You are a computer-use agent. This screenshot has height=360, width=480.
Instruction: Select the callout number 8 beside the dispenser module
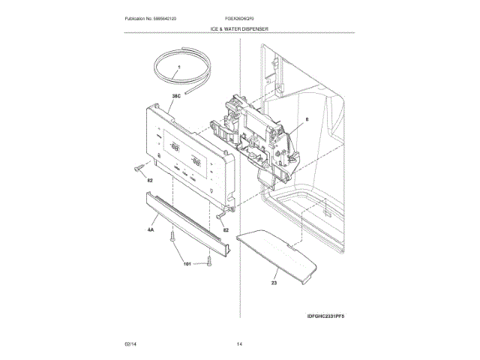click(307, 118)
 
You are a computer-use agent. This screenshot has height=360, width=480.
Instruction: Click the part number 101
click(187, 263)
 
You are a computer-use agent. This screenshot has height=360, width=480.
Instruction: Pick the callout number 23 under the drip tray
click(274, 283)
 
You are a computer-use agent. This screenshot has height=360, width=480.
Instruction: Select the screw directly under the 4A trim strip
click(173, 238)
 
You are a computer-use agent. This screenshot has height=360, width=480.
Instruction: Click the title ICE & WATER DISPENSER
click(239, 29)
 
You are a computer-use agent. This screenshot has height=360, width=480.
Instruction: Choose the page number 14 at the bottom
click(239, 343)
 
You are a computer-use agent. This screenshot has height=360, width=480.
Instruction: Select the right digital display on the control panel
click(197, 160)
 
